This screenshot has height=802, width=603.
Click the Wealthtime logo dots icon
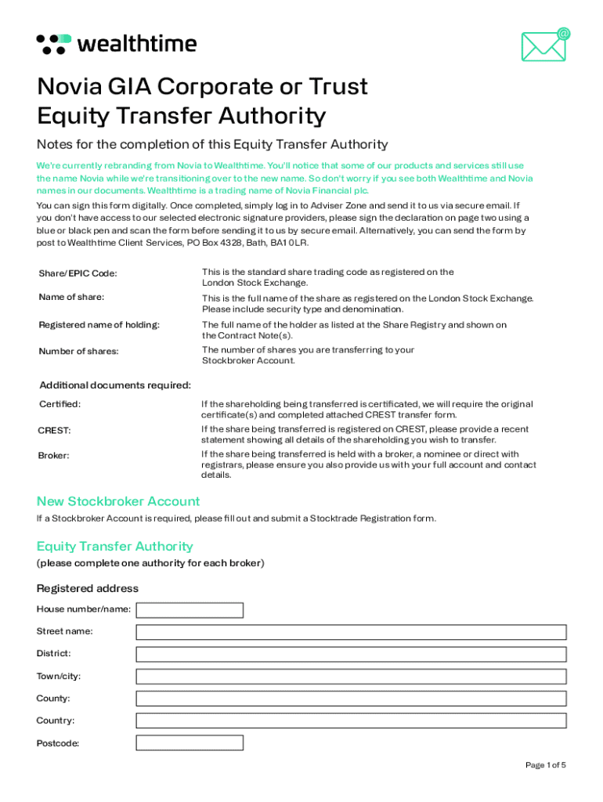click(x=54, y=44)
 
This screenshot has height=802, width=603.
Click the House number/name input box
click(x=190, y=609)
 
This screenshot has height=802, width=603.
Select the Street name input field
click(x=351, y=632)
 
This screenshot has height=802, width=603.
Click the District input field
click(x=351, y=654)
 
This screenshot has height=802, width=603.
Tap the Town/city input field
click(x=351, y=676)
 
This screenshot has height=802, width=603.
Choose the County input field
click(x=351, y=699)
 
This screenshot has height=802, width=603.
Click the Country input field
click(x=351, y=721)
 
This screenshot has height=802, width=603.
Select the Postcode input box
click(x=190, y=742)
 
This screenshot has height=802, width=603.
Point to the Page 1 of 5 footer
click(x=545, y=764)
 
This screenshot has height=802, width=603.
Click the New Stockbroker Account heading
click(x=118, y=501)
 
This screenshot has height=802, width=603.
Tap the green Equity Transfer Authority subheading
click(x=114, y=546)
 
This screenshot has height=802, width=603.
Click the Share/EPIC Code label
click(x=78, y=273)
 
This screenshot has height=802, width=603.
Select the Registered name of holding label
click(x=99, y=325)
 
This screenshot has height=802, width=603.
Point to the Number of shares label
click(x=79, y=351)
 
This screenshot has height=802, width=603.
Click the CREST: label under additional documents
click(x=55, y=430)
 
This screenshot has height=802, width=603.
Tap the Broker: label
click(x=54, y=455)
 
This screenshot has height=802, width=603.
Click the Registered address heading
click(x=88, y=588)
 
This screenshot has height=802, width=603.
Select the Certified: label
click(x=60, y=404)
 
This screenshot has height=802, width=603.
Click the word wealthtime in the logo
click(x=136, y=44)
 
